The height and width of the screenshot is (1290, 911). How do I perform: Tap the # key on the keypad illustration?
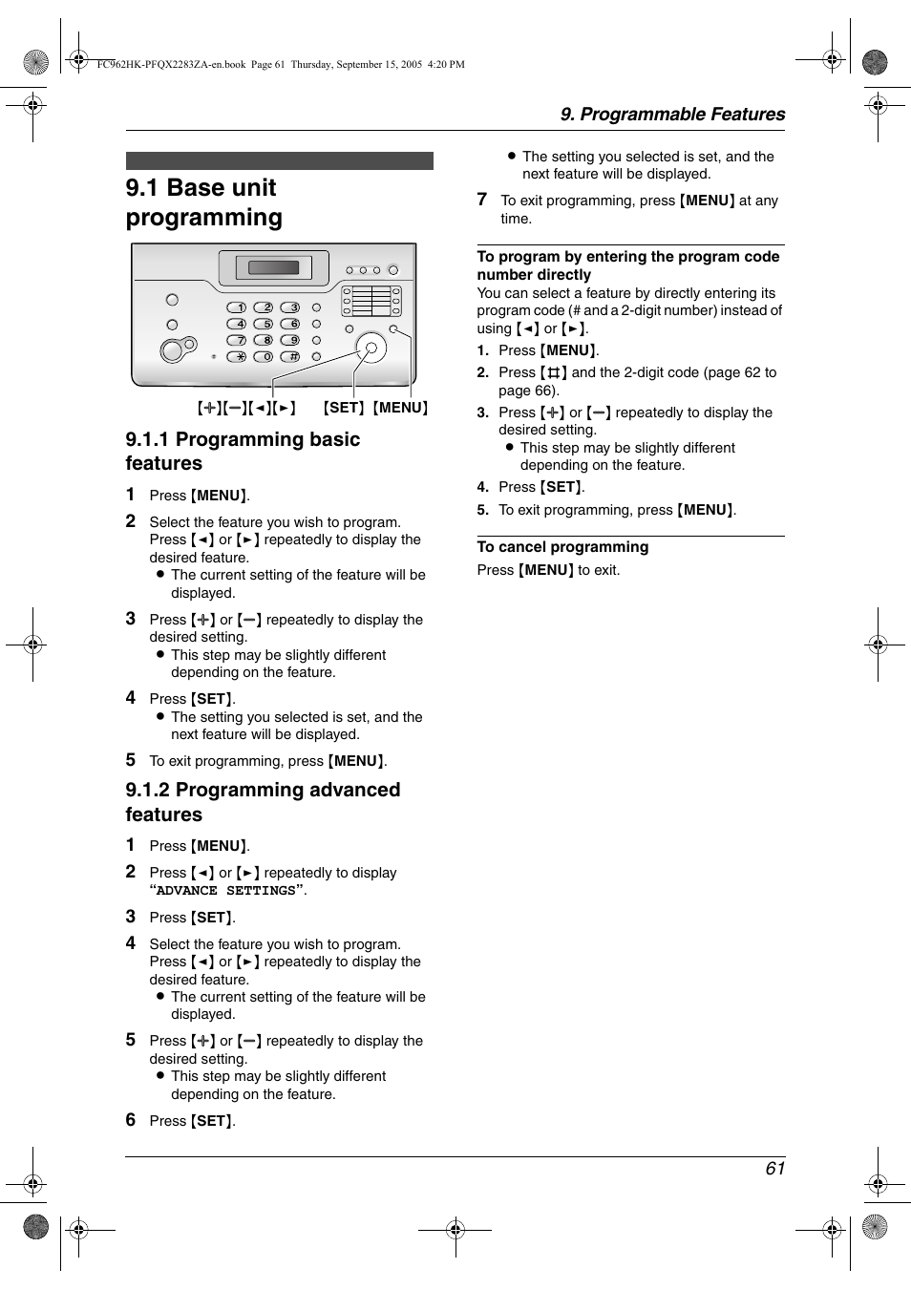tap(290, 356)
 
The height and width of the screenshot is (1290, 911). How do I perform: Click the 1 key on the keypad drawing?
tap(237, 307)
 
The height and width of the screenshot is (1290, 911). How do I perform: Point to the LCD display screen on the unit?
tap(274, 267)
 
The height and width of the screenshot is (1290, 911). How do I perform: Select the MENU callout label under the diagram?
tap(400, 408)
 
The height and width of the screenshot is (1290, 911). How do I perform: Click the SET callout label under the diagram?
tap(344, 408)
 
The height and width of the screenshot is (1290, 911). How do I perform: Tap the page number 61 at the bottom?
tap(774, 1169)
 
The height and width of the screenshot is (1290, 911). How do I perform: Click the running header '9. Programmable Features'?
tap(672, 115)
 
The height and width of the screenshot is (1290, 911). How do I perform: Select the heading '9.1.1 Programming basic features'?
tap(243, 451)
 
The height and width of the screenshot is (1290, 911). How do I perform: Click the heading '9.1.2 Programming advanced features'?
tap(263, 802)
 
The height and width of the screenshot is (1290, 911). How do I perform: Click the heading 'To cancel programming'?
tap(562, 547)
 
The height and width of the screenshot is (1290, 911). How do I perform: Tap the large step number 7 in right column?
tap(482, 200)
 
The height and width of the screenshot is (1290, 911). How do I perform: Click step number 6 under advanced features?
tap(131, 1120)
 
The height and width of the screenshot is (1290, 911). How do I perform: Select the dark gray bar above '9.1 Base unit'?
tap(279, 160)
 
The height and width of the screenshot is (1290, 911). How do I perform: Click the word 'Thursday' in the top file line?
tap(311, 65)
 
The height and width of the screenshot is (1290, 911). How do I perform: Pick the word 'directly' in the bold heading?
tap(563, 275)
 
